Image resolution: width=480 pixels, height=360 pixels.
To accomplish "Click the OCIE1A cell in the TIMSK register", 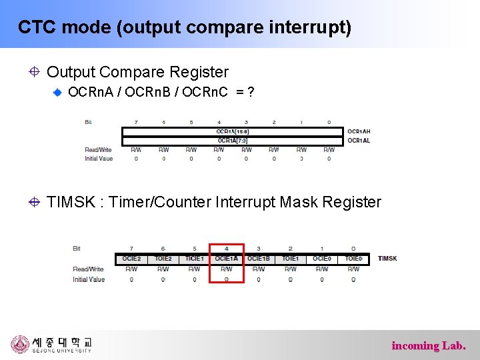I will coord(226,259).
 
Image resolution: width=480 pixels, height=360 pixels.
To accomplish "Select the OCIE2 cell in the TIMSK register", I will coord(131,259).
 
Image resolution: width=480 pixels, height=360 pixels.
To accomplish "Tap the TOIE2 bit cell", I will coord(163,259).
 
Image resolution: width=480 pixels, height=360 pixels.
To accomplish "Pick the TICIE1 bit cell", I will coord(195,259).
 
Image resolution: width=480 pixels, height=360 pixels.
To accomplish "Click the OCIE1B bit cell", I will coord(259,259).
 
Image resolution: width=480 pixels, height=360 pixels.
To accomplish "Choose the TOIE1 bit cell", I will coord(290,259).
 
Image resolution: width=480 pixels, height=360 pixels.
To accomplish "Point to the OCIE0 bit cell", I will coord(322,259).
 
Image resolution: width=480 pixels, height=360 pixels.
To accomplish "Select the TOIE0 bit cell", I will coord(353,259).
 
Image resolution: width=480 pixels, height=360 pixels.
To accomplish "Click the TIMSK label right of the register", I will coord(387,259).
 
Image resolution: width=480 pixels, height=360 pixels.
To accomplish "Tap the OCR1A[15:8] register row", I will coord(232,131).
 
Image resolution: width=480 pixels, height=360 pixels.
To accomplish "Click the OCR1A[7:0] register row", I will coord(232,140).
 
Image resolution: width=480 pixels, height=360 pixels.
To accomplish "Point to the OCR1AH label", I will coord(359,131).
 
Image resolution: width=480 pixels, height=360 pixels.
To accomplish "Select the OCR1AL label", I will coord(358,140).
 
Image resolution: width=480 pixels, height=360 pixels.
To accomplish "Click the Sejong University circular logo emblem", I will coord(20,345).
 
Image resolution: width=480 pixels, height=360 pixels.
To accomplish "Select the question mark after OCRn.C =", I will coord(250,91).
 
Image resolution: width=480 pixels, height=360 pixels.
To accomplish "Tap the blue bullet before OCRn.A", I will coord(59,92).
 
